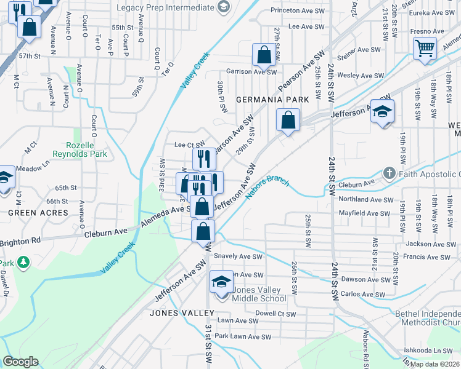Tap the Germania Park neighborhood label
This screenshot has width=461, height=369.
(272, 99)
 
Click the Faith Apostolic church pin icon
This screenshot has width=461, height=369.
(389, 173)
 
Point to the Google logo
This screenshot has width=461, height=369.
(20, 362)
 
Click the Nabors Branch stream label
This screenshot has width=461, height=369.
(267, 189)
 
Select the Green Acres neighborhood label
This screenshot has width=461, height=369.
(38, 213)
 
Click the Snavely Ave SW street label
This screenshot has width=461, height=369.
(239, 257)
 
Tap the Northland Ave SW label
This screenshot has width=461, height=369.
(366, 200)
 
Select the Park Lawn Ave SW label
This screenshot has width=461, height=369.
(242, 336)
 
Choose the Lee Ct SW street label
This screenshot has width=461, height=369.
(189, 145)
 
